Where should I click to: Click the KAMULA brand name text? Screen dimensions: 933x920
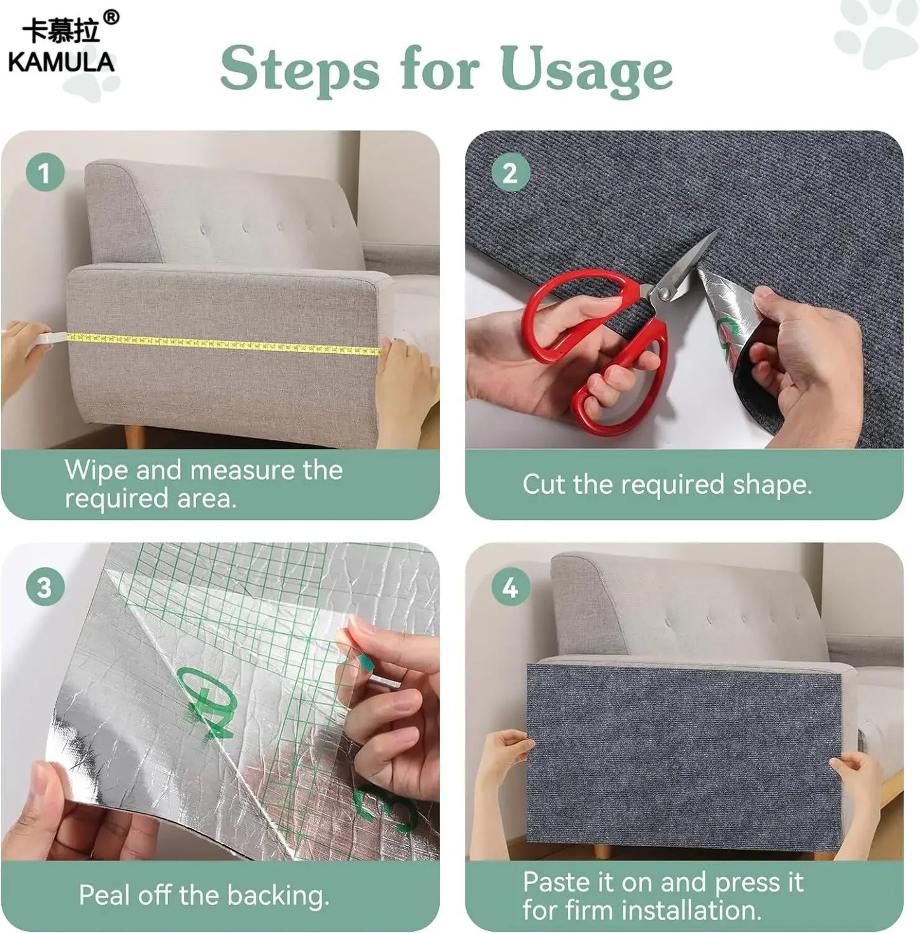[61, 62]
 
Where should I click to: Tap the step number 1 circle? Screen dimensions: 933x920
[45, 172]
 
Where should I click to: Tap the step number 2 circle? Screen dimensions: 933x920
[510, 172]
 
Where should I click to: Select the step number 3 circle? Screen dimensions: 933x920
[45, 587]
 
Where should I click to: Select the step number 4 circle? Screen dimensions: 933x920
[510, 587]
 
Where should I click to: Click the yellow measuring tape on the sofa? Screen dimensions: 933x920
[223, 344]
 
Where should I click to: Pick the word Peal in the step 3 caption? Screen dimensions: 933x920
[104, 895]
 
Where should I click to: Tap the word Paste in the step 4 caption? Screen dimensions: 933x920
[555, 883]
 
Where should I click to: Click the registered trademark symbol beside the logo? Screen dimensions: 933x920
[111, 18]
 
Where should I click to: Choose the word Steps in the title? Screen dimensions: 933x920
[299, 70]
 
